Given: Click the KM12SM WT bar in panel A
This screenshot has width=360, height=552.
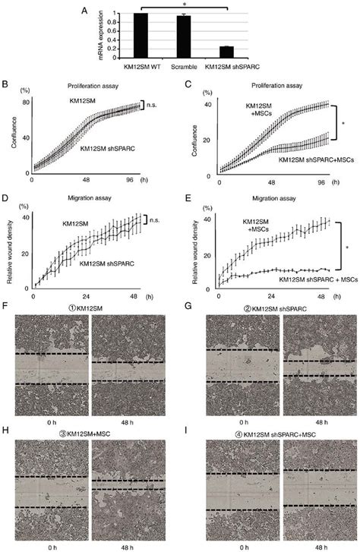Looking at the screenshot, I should coord(140,36).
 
